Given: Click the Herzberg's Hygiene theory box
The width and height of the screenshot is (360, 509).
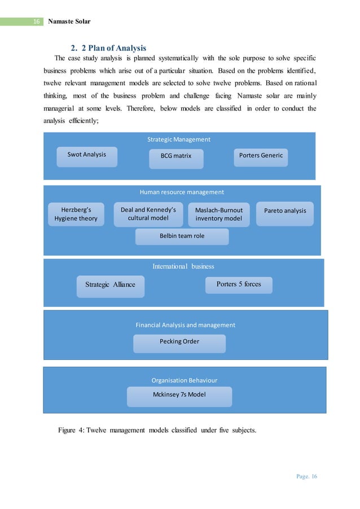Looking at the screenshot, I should (76, 214).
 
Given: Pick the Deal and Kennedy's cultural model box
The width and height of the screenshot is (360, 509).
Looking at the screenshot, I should (148, 214).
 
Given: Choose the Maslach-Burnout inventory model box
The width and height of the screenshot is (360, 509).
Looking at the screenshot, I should (218, 214).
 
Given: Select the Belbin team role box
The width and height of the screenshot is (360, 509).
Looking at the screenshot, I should (182, 236).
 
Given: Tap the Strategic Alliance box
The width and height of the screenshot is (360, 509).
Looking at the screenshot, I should (110, 285).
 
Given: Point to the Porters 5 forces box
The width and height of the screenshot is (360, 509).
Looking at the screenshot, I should (239, 284).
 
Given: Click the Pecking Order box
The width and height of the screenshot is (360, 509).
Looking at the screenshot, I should (179, 342).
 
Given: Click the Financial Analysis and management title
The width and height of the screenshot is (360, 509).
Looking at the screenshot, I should (185, 325).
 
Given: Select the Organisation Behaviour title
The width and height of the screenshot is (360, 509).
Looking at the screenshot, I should (184, 380).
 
